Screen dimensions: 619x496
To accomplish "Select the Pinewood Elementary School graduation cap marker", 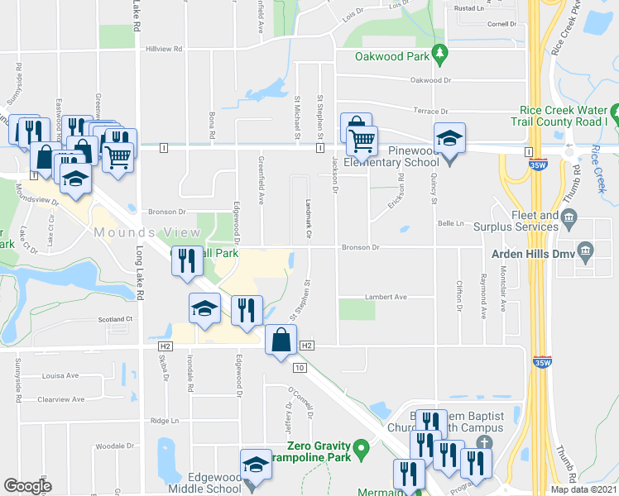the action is tap(449, 140).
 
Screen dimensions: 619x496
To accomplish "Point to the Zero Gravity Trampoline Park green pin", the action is tap(361, 450).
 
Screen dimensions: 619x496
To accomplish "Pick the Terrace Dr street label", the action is tap(430, 112).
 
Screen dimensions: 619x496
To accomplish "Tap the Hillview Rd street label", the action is tap(164, 50).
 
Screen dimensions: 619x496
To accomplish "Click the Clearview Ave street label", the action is tap(61, 399).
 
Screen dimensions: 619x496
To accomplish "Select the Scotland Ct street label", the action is tap(116, 319).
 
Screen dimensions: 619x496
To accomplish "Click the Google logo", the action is tap(27, 486).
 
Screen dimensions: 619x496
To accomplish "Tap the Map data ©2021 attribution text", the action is tap(583, 489).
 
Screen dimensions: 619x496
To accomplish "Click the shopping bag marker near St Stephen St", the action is tap(281, 341).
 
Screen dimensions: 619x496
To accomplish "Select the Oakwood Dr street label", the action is tap(432, 81).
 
